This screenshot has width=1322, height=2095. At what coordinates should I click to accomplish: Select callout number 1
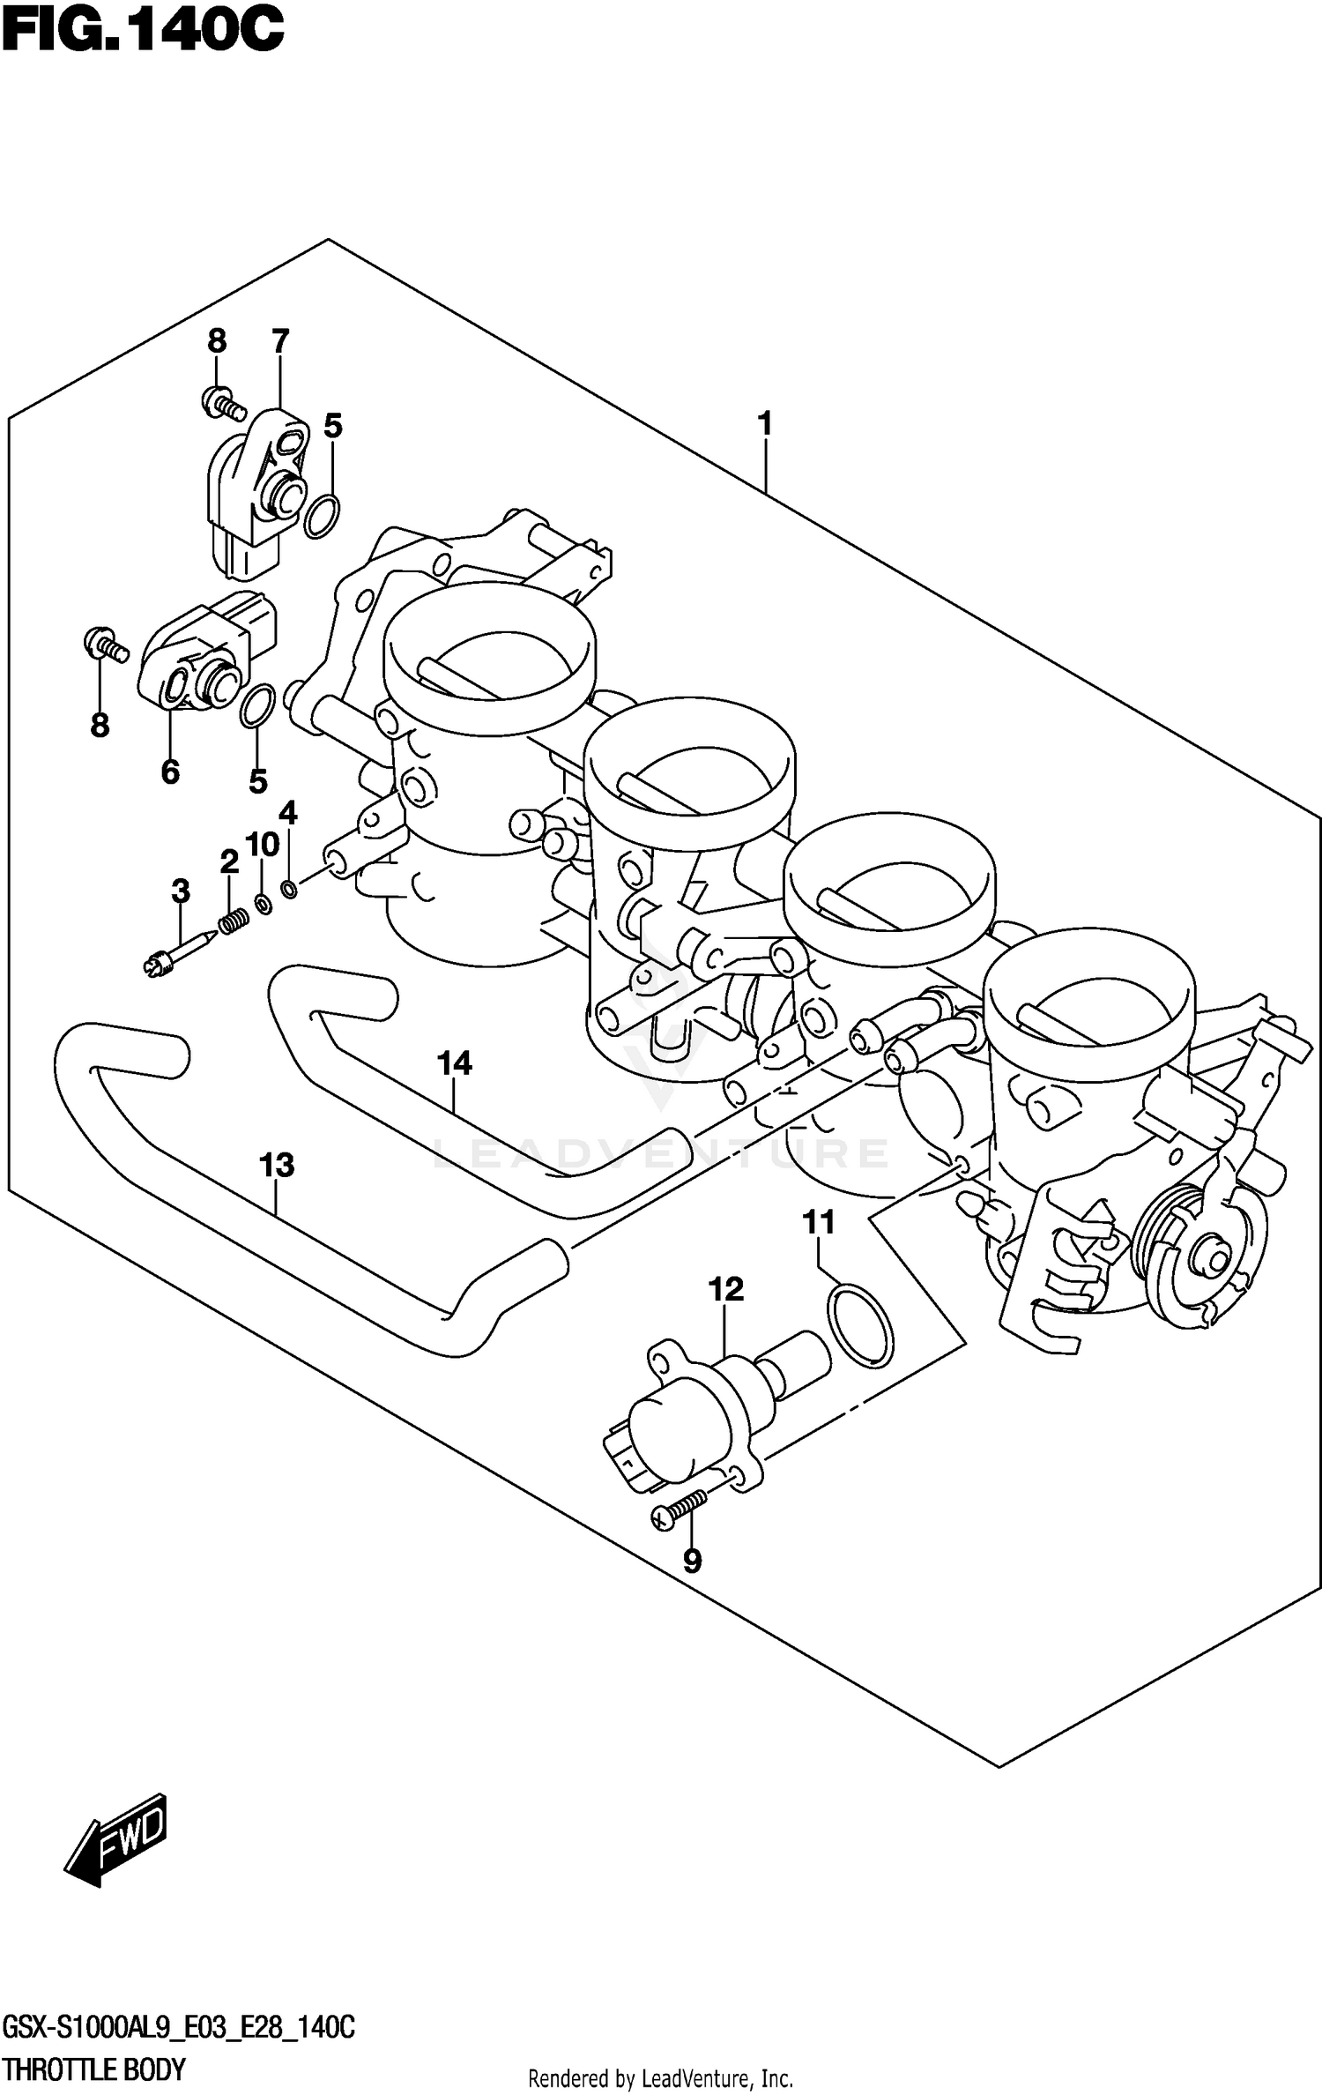(765, 424)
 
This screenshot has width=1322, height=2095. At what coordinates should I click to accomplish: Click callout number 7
(280, 341)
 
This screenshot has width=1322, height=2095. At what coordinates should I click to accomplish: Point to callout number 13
(276, 1165)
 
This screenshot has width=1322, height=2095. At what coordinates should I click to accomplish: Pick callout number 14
(455, 1063)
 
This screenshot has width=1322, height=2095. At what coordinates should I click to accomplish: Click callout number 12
(725, 1290)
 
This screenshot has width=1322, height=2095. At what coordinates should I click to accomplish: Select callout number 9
(692, 1562)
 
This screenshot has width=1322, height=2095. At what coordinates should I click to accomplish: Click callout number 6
(170, 772)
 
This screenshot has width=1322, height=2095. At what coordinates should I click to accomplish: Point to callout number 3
(181, 891)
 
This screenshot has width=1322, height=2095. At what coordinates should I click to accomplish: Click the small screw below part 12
(679, 1510)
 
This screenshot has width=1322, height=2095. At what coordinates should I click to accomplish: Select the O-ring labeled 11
(860, 1328)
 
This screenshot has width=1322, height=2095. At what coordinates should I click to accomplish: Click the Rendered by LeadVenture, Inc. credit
(660, 2078)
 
